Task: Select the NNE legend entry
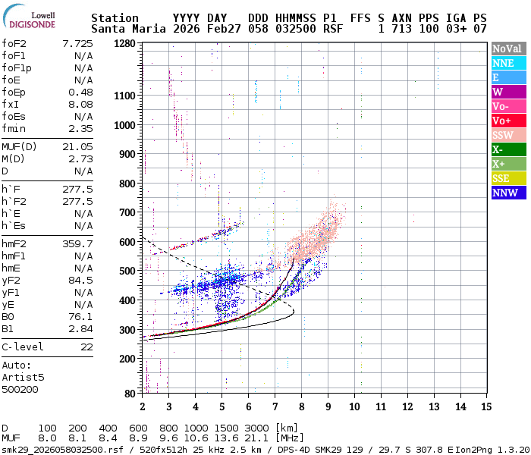tap(504, 63)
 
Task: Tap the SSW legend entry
tap(504, 135)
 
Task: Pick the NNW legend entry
tap(505, 193)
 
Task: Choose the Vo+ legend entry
tap(502, 121)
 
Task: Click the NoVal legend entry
tap(507, 49)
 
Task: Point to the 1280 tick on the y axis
tap(125, 43)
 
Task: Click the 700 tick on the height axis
tap(127, 212)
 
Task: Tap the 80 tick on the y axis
tap(130, 393)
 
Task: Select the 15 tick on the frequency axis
tap(485, 406)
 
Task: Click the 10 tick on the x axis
tap(353, 406)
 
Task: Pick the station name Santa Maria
tap(124, 29)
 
